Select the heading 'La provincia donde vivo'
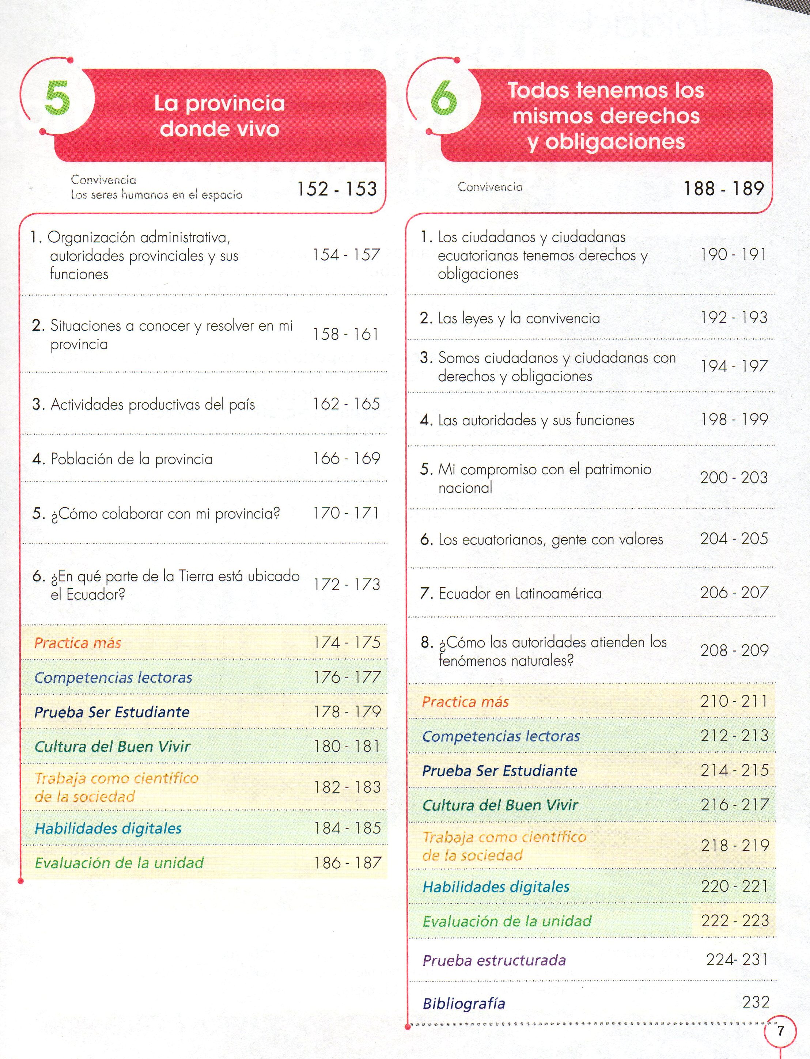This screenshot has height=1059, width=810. tap(219, 116)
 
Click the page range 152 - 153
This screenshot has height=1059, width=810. tap(337, 189)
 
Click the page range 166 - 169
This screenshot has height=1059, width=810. tap(346, 458)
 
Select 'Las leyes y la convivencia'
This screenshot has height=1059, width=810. tap(519, 318)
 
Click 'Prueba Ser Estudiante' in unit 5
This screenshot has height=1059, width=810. tap(112, 712)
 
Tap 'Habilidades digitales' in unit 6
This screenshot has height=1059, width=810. tap(496, 887)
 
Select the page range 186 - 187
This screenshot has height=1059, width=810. tap(347, 863)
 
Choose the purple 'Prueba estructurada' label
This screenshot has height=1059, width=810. tap(494, 960)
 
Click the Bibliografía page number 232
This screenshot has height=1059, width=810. tap(756, 1002)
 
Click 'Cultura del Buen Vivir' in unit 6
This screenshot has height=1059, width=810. tap(500, 805)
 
